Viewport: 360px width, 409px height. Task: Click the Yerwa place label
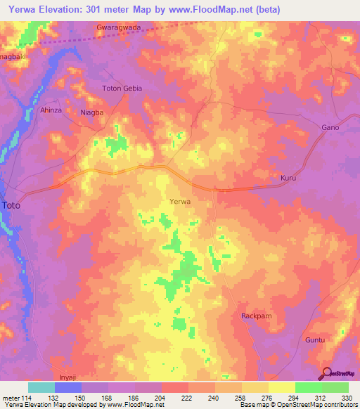[181, 202]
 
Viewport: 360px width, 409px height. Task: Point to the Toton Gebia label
[122, 89]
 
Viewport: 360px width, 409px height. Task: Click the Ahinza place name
[51, 110]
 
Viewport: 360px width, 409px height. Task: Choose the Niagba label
[92, 112]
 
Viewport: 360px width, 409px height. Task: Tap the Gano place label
[330, 127]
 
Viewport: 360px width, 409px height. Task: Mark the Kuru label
[290, 179]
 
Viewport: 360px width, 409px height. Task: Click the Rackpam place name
[256, 316]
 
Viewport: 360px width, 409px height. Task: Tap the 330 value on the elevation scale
[347, 398]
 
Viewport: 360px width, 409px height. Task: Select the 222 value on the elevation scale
[188, 398]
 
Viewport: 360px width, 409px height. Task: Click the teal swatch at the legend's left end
[41, 387]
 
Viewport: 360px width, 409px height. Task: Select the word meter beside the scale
[10, 398]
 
